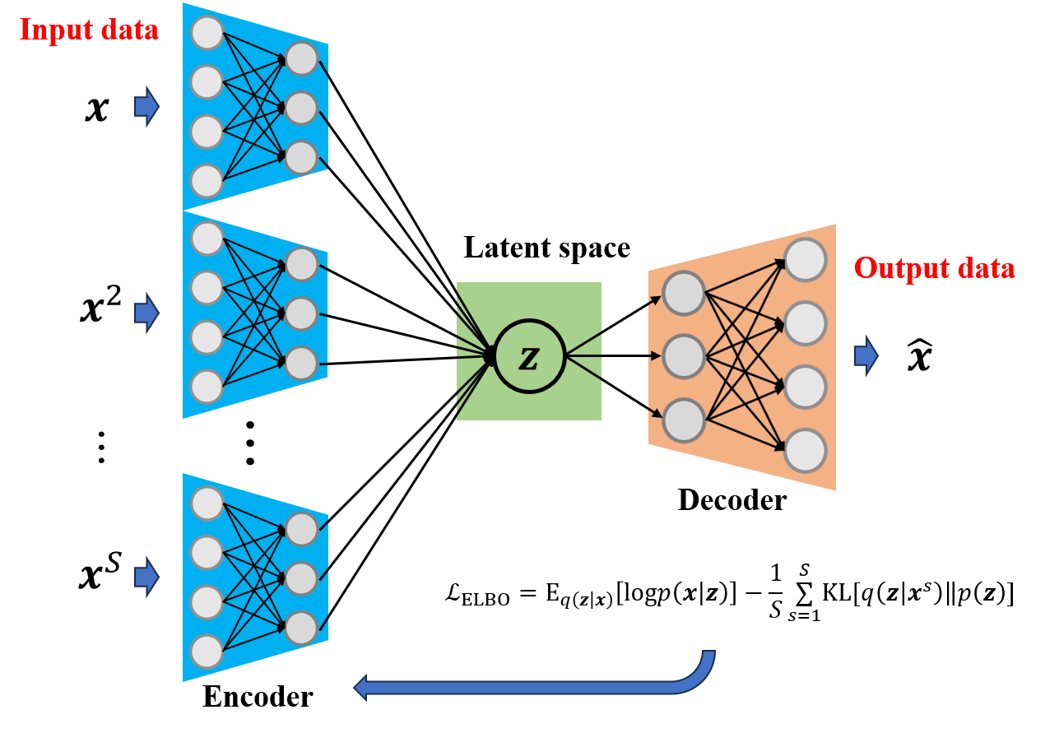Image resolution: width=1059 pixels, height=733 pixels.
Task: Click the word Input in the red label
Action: [x=52, y=30]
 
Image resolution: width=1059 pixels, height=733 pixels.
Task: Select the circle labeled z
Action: [x=529, y=356]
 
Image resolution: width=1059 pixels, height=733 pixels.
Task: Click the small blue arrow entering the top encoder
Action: [x=146, y=106]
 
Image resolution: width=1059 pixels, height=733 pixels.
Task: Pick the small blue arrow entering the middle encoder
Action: [x=146, y=313]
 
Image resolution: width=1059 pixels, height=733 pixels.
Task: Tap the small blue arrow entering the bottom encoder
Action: [x=146, y=577]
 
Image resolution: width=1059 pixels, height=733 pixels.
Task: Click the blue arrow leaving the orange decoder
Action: [x=866, y=356]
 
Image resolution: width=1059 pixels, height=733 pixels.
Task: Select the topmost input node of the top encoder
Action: [x=207, y=33]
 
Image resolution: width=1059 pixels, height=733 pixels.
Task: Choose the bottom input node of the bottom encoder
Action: [x=207, y=652]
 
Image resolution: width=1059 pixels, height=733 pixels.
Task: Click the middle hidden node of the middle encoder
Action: [x=301, y=313]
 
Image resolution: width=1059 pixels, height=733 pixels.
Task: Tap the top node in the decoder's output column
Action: [x=805, y=259]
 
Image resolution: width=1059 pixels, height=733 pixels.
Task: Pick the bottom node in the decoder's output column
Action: [x=805, y=451]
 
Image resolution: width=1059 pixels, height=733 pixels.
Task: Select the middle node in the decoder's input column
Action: [x=684, y=356]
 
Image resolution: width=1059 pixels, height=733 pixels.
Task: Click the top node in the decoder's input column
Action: [x=684, y=293]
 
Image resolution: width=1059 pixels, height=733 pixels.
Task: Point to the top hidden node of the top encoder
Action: [x=301, y=58]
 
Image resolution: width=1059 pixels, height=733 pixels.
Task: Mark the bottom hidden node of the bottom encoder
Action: [x=301, y=628]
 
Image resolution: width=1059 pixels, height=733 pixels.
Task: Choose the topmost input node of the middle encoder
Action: [x=207, y=239]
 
